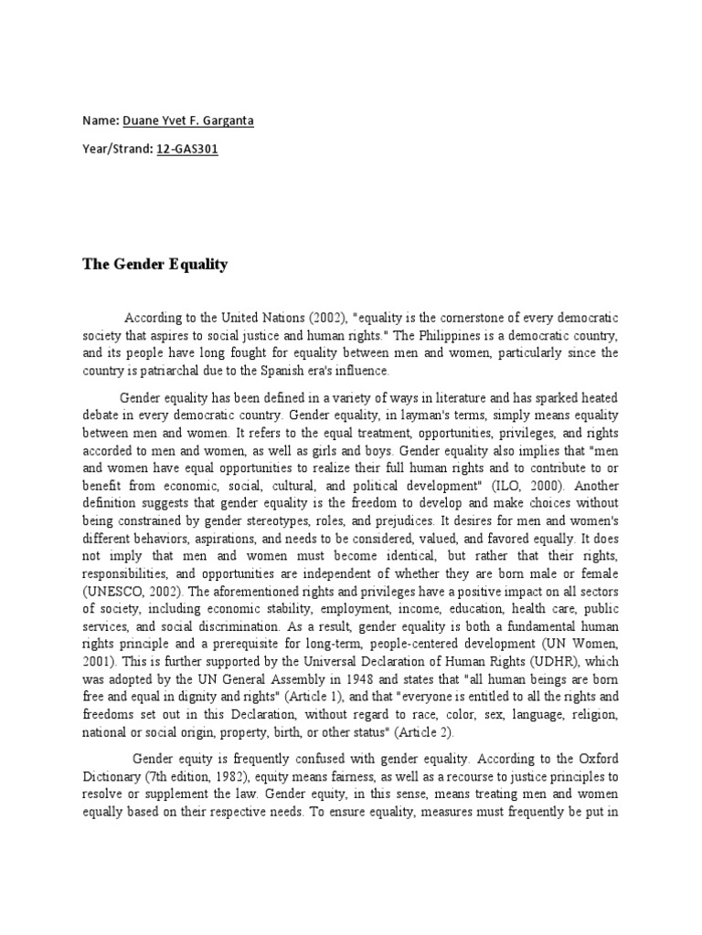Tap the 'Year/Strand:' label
[x=118, y=147]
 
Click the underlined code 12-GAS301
[x=187, y=147]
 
